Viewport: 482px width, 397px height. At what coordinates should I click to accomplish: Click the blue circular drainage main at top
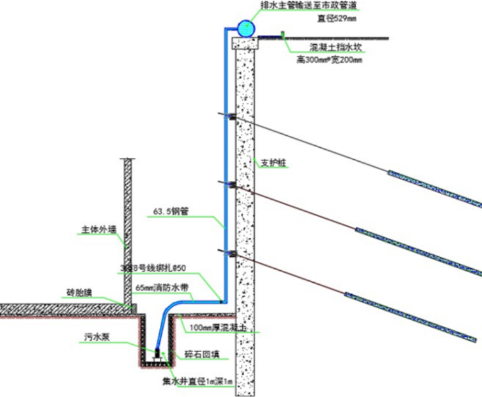point(245,27)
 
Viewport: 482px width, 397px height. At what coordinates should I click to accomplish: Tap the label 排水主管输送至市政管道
point(309,6)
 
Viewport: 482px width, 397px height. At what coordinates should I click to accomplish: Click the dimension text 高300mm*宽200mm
point(329,60)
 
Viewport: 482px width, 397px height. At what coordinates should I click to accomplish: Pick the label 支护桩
point(273,162)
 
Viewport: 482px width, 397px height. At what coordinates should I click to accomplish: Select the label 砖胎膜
point(79,293)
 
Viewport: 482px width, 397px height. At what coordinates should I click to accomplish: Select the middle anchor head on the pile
point(231,185)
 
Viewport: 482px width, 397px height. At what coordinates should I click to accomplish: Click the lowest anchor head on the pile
point(231,254)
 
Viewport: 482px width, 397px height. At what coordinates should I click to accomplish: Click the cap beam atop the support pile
point(245,42)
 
